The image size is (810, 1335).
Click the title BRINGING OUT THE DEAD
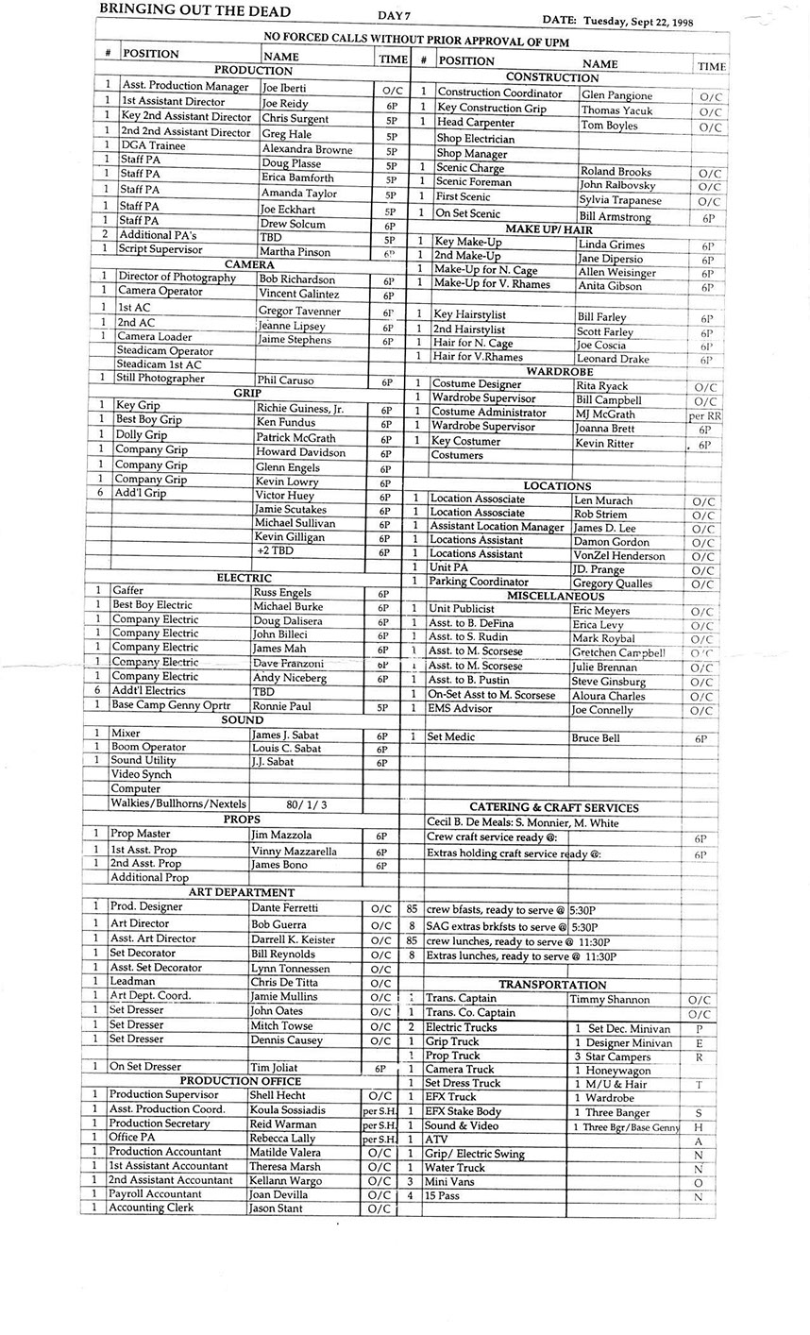(x=194, y=11)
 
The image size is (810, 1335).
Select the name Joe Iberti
(x=284, y=88)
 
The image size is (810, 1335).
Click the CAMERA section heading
(x=249, y=264)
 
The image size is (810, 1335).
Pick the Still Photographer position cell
(x=160, y=379)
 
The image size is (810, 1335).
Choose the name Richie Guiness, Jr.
(x=299, y=409)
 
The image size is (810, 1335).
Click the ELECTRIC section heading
(x=244, y=578)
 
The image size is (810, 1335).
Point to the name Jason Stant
(x=276, y=1208)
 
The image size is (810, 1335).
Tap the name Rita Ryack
(x=601, y=385)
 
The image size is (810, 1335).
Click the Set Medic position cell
(x=450, y=736)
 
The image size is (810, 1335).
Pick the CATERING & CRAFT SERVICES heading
(x=553, y=808)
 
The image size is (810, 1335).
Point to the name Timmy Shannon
(x=610, y=999)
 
